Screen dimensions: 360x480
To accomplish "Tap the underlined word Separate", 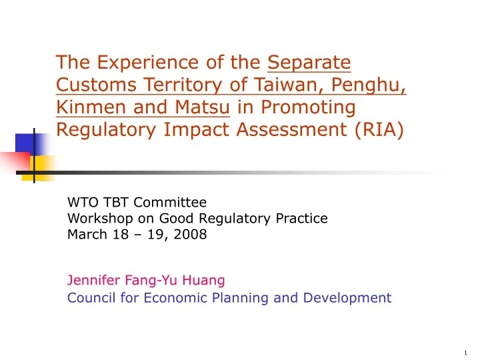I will click(x=309, y=63).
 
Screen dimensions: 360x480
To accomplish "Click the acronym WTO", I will click(x=82, y=202).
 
